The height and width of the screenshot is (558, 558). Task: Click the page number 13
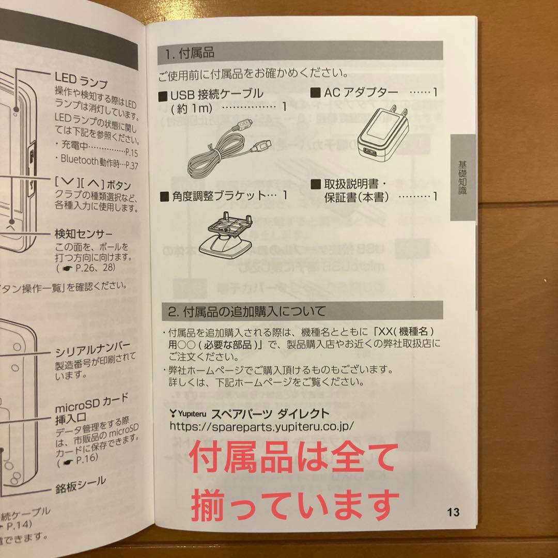[453, 512]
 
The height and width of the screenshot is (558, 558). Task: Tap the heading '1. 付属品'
[190, 53]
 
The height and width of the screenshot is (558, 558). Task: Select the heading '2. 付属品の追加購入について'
[247, 312]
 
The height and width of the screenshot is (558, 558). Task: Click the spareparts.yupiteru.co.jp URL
[261, 426]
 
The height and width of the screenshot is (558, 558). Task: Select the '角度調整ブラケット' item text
[217, 196]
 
